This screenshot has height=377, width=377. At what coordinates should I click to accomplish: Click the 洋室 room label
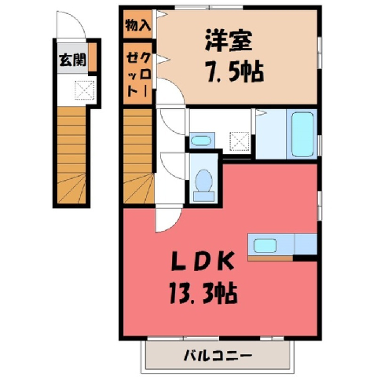[229, 41]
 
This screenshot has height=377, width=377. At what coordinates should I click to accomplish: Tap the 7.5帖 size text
[235, 72]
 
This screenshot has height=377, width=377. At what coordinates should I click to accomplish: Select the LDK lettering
[203, 261]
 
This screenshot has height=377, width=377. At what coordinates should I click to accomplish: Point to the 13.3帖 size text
[203, 293]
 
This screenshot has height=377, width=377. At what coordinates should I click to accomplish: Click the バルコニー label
[218, 355]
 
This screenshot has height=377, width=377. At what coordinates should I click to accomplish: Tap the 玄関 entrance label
[72, 60]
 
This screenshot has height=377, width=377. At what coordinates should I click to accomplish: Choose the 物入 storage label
[137, 25]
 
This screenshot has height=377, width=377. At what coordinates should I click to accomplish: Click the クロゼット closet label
[138, 75]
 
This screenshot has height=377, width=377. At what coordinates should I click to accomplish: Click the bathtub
[302, 134]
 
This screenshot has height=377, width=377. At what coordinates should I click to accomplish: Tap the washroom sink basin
[201, 141]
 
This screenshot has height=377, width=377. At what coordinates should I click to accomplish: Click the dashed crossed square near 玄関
[84, 90]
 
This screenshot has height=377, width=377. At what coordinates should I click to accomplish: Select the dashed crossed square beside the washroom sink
[240, 141]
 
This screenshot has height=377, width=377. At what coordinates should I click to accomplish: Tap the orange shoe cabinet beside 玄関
[92, 57]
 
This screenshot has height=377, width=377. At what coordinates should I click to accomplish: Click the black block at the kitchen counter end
[305, 258]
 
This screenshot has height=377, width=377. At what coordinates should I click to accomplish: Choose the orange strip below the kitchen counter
[270, 258]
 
